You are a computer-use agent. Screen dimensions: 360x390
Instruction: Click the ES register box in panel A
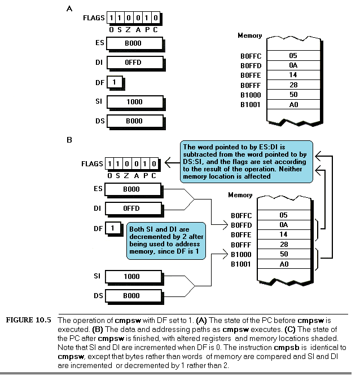[135, 43]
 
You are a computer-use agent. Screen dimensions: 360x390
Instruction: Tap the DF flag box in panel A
[115, 82]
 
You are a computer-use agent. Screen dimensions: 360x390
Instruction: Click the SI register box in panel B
[133, 277]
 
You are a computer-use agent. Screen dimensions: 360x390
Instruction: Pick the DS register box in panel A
[135, 121]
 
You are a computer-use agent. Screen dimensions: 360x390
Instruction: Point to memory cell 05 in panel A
[293, 55]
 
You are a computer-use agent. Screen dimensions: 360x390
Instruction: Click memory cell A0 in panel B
[284, 264]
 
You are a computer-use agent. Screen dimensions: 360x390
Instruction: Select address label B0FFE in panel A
[251, 76]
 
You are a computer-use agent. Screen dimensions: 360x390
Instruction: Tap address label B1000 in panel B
[241, 255]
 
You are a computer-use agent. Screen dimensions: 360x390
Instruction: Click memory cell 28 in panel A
[293, 85]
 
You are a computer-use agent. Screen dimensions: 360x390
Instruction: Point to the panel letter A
[69, 8]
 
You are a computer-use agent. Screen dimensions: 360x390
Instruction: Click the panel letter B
[69, 140]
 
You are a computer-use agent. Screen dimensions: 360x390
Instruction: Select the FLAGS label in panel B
[92, 164]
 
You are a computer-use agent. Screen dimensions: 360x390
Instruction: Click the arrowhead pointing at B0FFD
[226, 225]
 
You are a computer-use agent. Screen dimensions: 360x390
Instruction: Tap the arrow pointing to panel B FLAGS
[172, 163]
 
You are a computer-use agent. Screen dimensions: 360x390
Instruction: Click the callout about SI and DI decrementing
[166, 241]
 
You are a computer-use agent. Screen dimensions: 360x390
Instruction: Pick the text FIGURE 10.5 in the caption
[28, 320]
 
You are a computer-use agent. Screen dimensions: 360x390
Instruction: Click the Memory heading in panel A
[250, 36]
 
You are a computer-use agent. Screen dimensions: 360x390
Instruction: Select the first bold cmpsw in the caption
[128, 320]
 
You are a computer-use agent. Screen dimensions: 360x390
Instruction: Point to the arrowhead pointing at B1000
[226, 254]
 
